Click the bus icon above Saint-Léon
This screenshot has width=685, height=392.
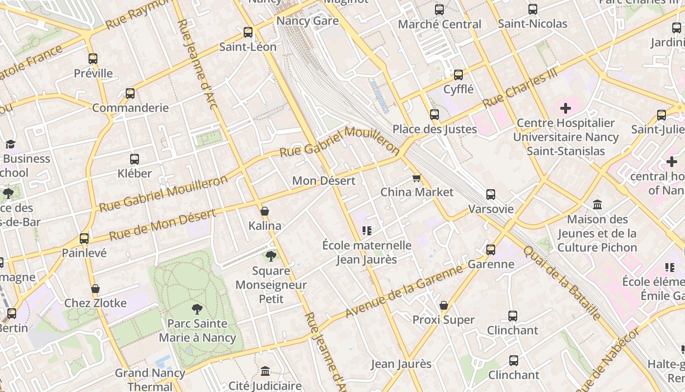tap(248, 32)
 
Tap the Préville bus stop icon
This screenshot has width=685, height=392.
tap(93, 59)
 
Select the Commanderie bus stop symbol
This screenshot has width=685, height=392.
tap(130, 93)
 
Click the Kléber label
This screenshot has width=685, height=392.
tap(135, 173)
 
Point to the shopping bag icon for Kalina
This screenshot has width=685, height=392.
tap(265, 211)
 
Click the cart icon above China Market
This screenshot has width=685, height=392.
tap(416, 178)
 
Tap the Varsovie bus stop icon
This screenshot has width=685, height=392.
tap(491, 195)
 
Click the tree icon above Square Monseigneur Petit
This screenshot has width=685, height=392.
tap(271, 256)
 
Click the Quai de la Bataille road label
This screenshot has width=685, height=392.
tap(561, 283)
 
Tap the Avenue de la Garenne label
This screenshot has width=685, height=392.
tap(404, 291)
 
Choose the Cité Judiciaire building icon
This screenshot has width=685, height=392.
tap(265, 371)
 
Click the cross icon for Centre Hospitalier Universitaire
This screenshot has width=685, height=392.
tap(566, 108)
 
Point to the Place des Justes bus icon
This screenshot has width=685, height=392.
tap(434, 115)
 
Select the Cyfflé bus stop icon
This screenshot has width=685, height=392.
tap(458, 75)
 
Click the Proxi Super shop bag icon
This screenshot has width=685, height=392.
tap(444, 305)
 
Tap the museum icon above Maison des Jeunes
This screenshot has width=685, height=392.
tap(597, 204)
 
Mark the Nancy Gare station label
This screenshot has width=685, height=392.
tap(307, 21)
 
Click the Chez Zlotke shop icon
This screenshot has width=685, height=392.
tap(95, 289)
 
